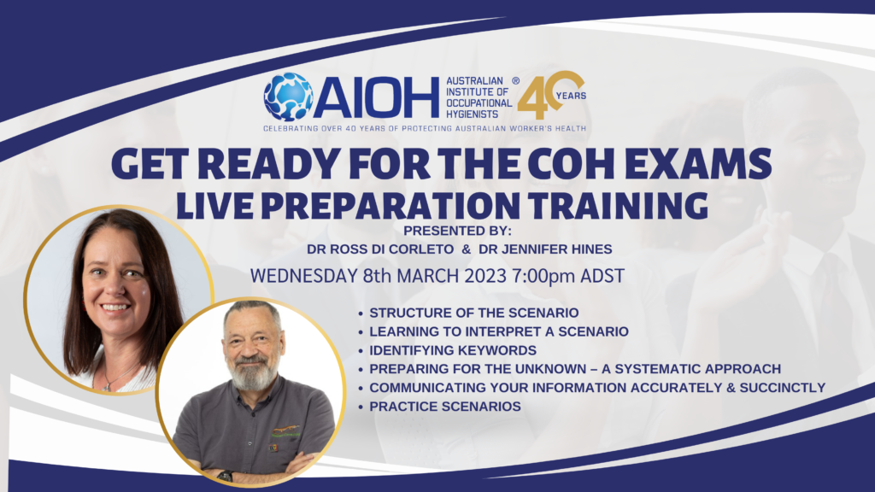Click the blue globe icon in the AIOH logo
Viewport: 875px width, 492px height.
[x=288, y=96]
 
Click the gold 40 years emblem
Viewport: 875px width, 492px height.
[x=550, y=95]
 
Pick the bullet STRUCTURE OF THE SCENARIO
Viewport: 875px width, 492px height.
[x=474, y=313]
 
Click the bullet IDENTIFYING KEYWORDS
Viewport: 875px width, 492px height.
[x=453, y=350]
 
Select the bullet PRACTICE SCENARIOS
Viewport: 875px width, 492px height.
[x=445, y=407]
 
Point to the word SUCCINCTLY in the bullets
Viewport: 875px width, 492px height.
[x=783, y=388]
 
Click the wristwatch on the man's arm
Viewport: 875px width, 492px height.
[x=225, y=476]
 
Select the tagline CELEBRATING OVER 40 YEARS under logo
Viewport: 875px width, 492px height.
[x=424, y=128]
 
